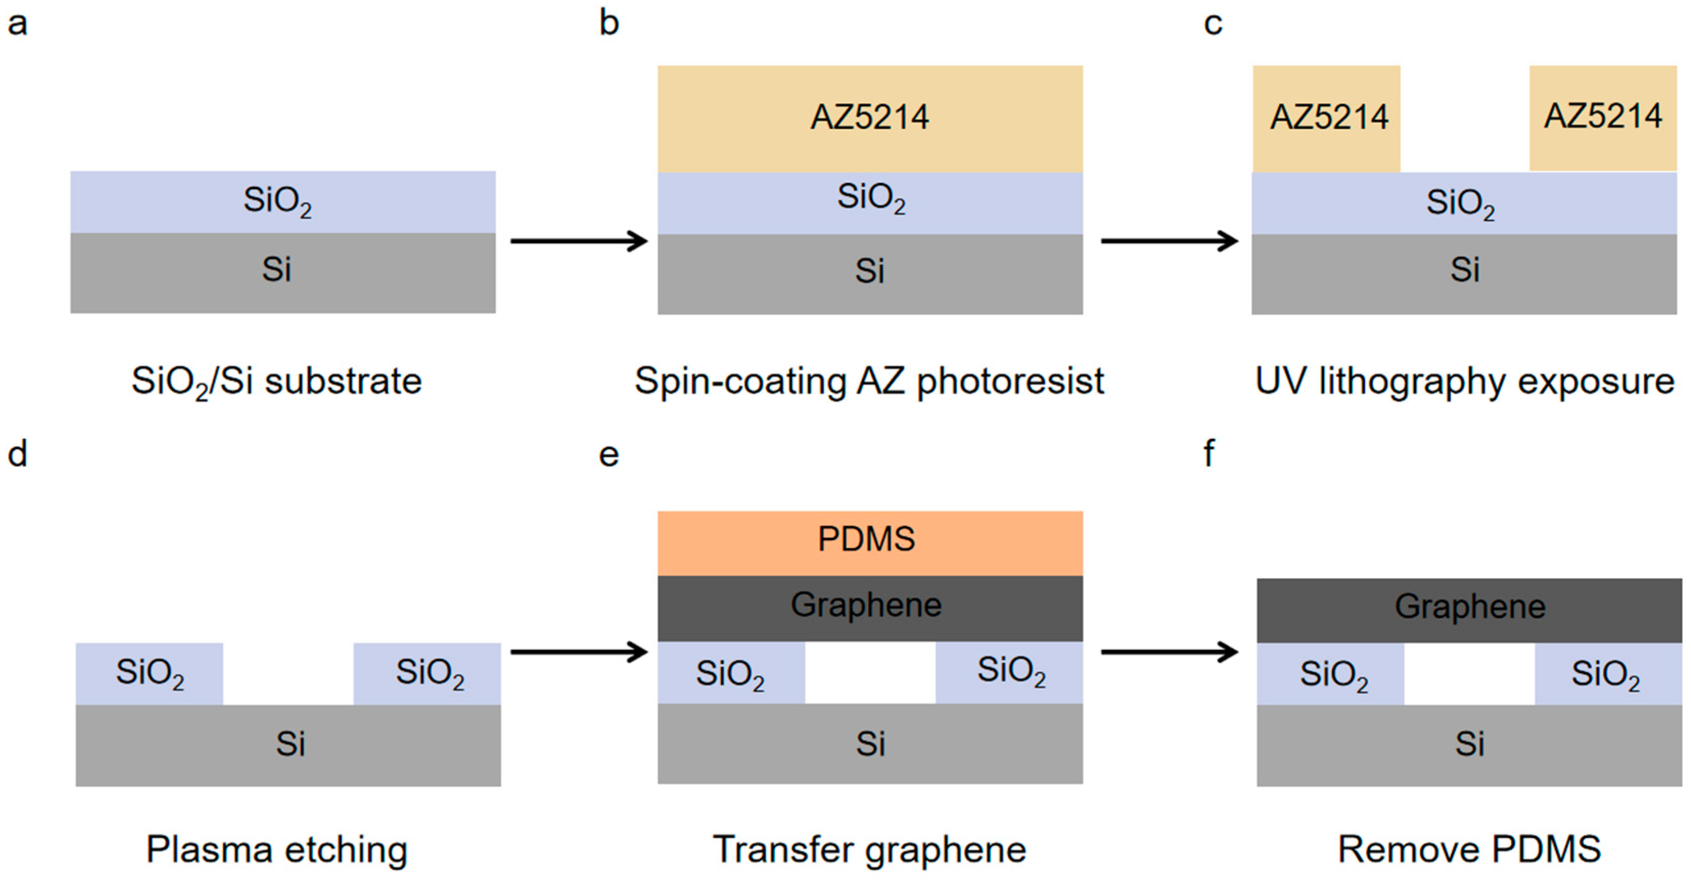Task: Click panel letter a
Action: [17, 25]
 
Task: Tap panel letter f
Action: [1209, 453]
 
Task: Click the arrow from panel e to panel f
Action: [1168, 652]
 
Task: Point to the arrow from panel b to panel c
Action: [1168, 241]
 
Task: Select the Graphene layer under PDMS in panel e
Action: [870, 608]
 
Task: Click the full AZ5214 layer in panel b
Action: [870, 118]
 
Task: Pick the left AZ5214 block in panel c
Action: [1326, 118]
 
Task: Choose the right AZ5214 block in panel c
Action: [1603, 118]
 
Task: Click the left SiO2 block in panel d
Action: [149, 674]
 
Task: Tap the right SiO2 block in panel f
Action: [1608, 674]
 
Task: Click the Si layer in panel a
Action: [282, 272]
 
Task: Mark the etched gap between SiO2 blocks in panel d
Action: [288, 674]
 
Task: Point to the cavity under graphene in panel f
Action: [1469, 674]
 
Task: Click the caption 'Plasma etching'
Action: [276, 849]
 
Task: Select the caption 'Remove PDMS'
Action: [1469, 849]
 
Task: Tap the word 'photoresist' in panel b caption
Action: [1010, 382]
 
